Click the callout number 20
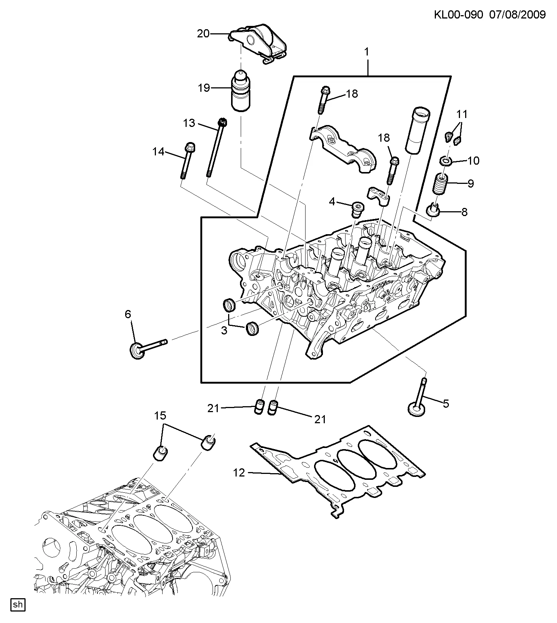[x=203, y=34]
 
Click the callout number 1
[x=367, y=52]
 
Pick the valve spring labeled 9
[x=441, y=184]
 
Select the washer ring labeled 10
[x=446, y=161]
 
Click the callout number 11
[x=462, y=114]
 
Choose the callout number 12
[x=239, y=472]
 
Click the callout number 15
[x=160, y=416]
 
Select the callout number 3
[x=224, y=330]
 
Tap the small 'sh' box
[x=17, y=605]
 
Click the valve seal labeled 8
[x=433, y=210]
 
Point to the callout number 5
[x=446, y=404]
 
